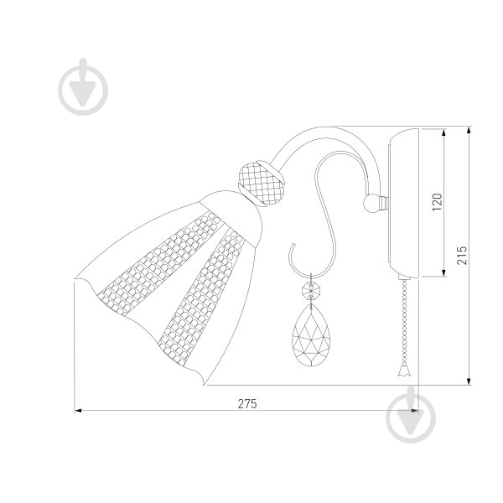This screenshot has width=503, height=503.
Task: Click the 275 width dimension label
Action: point(247,403)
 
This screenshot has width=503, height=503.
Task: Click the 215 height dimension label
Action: point(462,256)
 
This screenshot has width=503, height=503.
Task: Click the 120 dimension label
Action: point(437,202)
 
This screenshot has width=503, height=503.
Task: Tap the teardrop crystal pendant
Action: point(311,335)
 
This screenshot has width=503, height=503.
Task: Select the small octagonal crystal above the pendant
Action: point(311,291)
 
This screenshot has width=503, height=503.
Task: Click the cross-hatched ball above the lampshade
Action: point(262,183)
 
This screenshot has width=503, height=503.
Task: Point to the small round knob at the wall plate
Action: point(371,203)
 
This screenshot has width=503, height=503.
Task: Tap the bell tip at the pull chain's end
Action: point(404,371)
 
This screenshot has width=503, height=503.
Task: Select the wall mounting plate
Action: point(403,203)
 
